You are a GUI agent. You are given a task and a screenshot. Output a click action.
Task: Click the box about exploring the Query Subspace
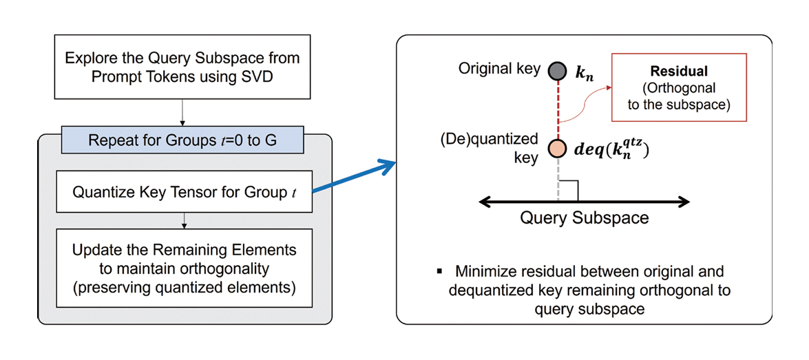click(x=182, y=67)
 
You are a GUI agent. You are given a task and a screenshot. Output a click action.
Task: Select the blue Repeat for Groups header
click(x=182, y=140)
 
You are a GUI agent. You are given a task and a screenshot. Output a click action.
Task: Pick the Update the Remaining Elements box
click(x=182, y=267)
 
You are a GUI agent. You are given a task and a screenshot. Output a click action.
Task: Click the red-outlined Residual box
click(x=679, y=88)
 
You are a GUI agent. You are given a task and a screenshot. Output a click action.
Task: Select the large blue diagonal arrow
click(x=351, y=178)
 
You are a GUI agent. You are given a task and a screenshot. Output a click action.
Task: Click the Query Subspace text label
click(x=584, y=218)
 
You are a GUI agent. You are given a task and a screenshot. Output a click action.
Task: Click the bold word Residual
click(x=679, y=71)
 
